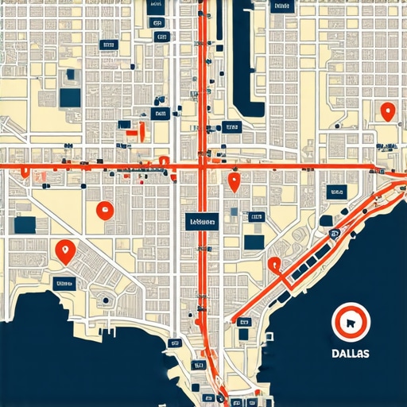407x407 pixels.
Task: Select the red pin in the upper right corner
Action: [x=387, y=112]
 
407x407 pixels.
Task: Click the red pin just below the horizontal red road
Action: [x=234, y=182]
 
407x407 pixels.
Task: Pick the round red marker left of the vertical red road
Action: [x=103, y=211]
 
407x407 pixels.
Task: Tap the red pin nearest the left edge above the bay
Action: [x=64, y=251]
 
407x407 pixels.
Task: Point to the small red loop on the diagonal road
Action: [x=274, y=265]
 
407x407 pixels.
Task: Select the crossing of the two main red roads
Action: [x=203, y=166]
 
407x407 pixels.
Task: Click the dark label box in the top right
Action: [x=279, y=7]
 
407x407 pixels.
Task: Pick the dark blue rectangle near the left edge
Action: [x=25, y=224]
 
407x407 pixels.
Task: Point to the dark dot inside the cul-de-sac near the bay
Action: [x=106, y=300]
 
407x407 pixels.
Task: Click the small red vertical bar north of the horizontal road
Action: [x=141, y=131]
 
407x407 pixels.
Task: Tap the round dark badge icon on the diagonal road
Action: [x=333, y=233]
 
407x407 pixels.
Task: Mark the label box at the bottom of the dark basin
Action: [x=231, y=126]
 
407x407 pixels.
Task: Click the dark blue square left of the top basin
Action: [x=71, y=97]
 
